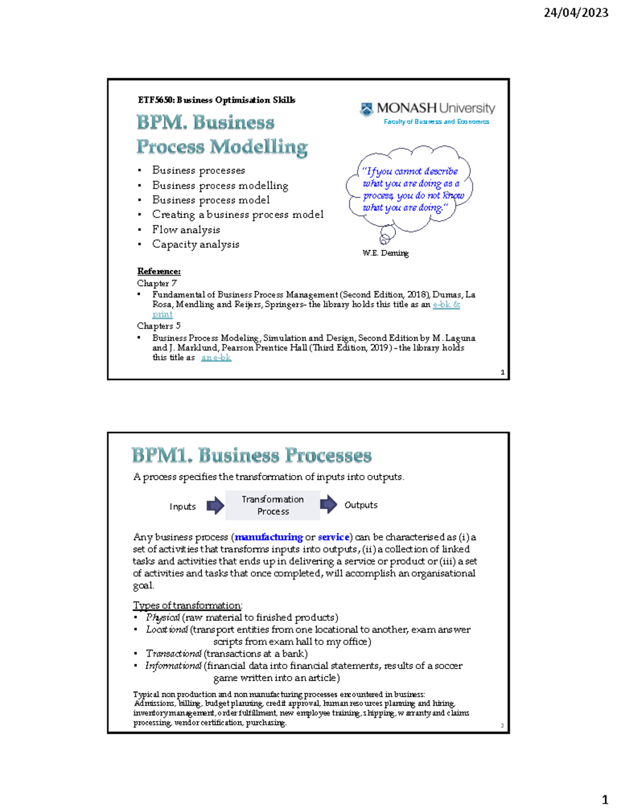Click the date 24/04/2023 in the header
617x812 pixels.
point(576,13)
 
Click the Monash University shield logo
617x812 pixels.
point(367,109)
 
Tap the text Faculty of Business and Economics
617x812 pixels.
point(436,122)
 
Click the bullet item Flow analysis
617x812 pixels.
point(186,230)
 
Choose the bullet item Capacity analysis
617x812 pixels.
point(195,244)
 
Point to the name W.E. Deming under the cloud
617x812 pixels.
point(385,253)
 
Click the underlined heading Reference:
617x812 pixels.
point(158,271)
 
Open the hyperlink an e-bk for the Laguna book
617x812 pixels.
point(216,358)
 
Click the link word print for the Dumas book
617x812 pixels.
point(162,314)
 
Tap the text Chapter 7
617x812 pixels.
point(157,283)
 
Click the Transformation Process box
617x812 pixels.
point(273,505)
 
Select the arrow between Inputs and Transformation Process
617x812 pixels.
point(215,506)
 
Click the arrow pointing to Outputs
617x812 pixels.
point(329,505)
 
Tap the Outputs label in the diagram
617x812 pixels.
point(360,505)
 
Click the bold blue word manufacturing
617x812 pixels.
point(268,537)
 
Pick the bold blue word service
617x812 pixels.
point(333,537)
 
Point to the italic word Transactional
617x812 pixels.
point(173,654)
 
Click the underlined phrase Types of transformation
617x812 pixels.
point(187,605)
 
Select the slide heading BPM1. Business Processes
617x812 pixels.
point(251,455)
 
